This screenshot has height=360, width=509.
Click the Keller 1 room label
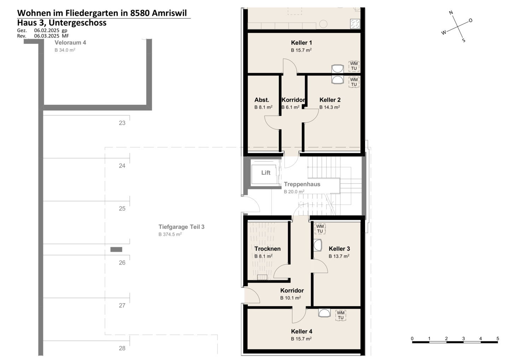pyautogui.click(x=301, y=42)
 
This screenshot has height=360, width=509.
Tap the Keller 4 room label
pyautogui.click(x=302, y=331)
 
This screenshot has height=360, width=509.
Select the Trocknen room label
pyautogui.click(x=268, y=249)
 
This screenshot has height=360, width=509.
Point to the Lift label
pyautogui.click(x=266, y=173)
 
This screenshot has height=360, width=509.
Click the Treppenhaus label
pyautogui.click(x=302, y=184)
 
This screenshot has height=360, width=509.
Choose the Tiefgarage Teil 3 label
pyautogui.click(x=181, y=227)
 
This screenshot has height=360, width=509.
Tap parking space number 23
pyautogui.click(x=122, y=123)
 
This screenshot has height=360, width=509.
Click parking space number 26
pyautogui.click(x=122, y=263)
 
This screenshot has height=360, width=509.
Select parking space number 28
pyautogui.click(x=122, y=348)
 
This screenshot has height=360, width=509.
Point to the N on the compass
pyautogui.click(x=451, y=13)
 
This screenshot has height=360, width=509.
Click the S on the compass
pyautogui.click(x=464, y=40)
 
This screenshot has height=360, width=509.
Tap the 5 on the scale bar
pyautogui.click(x=498, y=339)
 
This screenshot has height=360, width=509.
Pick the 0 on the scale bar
pyautogui.click(x=412, y=339)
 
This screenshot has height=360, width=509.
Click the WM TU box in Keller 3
pyautogui.click(x=320, y=229)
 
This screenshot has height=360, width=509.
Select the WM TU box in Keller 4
pyautogui.click(x=341, y=315)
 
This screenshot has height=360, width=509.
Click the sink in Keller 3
pyautogui.click(x=318, y=245)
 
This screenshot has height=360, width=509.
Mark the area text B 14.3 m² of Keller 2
pyautogui.click(x=330, y=107)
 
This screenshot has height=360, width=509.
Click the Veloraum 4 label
pyautogui.click(x=70, y=42)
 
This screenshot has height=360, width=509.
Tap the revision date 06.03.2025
pyautogui.click(x=47, y=36)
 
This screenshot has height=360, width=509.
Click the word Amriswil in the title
pyautogui.click(x=169, y=13)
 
